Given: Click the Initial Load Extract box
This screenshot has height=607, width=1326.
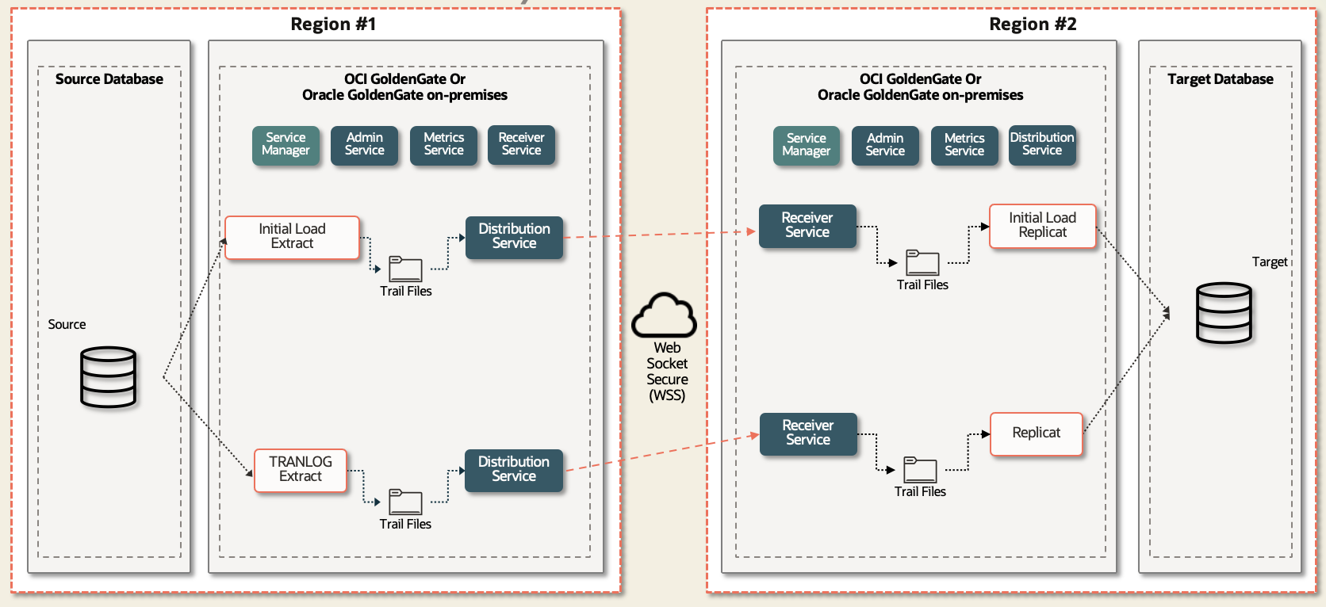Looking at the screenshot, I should [x=292, y=237].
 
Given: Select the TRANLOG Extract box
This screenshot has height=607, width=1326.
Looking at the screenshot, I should [x=300, y=470].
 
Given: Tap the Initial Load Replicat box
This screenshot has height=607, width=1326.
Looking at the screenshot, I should [x=1042, y=226].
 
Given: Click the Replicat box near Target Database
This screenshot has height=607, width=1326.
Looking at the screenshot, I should [x=1036, y=433].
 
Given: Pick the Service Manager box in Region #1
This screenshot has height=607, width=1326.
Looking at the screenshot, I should [x=286, y=145].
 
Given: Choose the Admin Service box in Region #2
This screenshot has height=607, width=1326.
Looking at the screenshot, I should [x=885, y=145].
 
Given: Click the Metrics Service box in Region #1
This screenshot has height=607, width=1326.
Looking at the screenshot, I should [x=443, y=145].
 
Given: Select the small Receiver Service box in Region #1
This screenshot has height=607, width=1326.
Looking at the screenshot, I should [x=521, y=145].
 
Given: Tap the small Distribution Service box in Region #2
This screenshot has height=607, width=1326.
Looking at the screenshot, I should [x=1041, y=145].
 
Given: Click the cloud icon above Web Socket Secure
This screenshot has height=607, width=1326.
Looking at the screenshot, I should [x=664, y=315].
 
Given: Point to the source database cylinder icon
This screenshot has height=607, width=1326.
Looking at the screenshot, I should [x=109, y=377].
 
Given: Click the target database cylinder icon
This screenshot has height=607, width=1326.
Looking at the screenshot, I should [x=1224, y=313].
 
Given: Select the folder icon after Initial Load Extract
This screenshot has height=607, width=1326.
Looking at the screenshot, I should [x=405, y=269].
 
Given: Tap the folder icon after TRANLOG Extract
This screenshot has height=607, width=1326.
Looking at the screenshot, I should [x=405, y=502].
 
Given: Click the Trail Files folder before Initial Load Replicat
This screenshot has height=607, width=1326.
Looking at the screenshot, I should [x=922, y=263].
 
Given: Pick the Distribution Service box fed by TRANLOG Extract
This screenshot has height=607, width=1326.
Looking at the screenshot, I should [x=513, y=470].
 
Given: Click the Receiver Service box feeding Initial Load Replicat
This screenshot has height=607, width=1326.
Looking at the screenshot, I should [x=807, y=226].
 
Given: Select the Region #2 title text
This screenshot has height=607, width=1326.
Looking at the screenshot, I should [x=1033, y=25].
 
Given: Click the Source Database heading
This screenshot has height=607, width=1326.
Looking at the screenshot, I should [x=109, y=79].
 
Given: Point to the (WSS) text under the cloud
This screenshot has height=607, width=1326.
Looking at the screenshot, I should [x=667, y=395].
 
